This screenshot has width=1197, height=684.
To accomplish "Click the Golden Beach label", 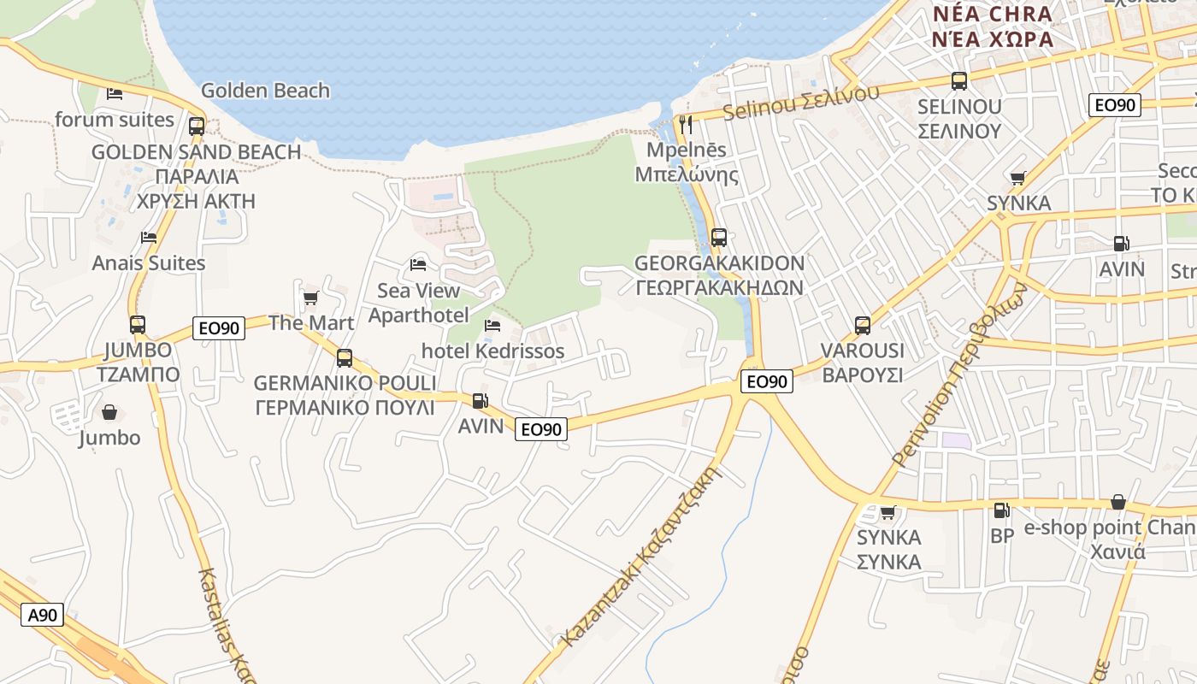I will [265, 91].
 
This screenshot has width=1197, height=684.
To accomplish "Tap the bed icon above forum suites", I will [115, 93].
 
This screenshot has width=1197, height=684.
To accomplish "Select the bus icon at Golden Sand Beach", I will [197, 127].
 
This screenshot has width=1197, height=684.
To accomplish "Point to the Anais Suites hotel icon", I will [149, 237].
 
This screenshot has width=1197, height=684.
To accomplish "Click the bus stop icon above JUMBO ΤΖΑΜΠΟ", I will [138, 325].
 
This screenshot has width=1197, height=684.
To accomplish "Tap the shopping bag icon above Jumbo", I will [109, 412].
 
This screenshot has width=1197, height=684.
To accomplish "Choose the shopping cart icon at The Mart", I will [310, 298].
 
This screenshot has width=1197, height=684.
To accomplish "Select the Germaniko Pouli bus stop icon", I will [345, 357].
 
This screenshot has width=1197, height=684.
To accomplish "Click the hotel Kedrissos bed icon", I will [492, 325].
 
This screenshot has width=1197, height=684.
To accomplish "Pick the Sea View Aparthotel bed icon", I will [418, 264].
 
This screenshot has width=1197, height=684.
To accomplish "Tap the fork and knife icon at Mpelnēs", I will [685, 125].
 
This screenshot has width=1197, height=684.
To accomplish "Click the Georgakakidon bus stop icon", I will [719, 237].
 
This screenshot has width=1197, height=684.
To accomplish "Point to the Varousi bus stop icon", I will [863, 325].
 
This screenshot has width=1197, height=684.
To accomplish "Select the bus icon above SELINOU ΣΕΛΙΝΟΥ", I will [959, 81].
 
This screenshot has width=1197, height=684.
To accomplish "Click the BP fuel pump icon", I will [1001, 510].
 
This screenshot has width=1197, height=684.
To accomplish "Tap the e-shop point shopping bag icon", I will [1117, 502].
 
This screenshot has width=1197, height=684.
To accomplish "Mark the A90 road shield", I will [42, 615].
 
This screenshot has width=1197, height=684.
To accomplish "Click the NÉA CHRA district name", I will [993, 15].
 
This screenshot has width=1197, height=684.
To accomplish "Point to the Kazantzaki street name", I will [642, 555].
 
